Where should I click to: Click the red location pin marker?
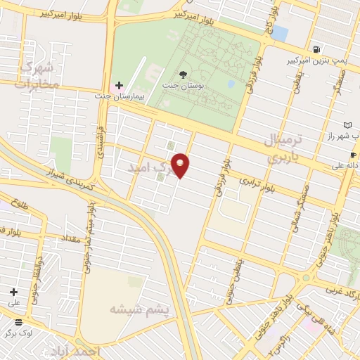pos(181,165)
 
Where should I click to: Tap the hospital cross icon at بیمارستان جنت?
pos(119,85)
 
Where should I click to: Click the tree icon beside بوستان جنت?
pos(184,75)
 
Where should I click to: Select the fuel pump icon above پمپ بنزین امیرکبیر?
pos(319,50)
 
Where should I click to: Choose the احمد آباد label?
pos(77,350)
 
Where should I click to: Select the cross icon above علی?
pos(13,291)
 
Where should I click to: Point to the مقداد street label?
pos(73,239)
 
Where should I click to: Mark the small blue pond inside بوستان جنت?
pos(231,84)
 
